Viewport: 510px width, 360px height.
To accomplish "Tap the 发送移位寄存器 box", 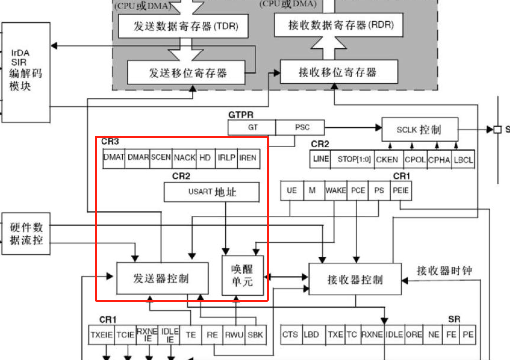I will pos(187,73).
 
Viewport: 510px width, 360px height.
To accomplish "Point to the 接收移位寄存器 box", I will pos(339,72).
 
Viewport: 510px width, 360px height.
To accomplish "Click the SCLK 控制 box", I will pos(419,130).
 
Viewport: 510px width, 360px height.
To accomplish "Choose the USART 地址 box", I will pos(211,192).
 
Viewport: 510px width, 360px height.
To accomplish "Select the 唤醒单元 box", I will pos(242,275).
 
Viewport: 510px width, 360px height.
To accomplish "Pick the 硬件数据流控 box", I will pos(26,234).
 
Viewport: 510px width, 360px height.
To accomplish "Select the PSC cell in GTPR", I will pos(302,127).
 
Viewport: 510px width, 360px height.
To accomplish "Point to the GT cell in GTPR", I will pos(253,127).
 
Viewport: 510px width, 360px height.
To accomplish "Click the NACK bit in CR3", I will pos(185,158).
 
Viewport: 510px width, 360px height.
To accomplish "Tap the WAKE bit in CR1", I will pos(336,190).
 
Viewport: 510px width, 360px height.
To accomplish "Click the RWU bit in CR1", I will pos(234,335).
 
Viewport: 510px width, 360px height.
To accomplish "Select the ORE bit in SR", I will pos(414,335).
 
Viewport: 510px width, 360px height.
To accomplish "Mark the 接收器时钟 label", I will pos(445,271).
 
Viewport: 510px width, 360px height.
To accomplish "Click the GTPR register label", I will pos(241,115).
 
